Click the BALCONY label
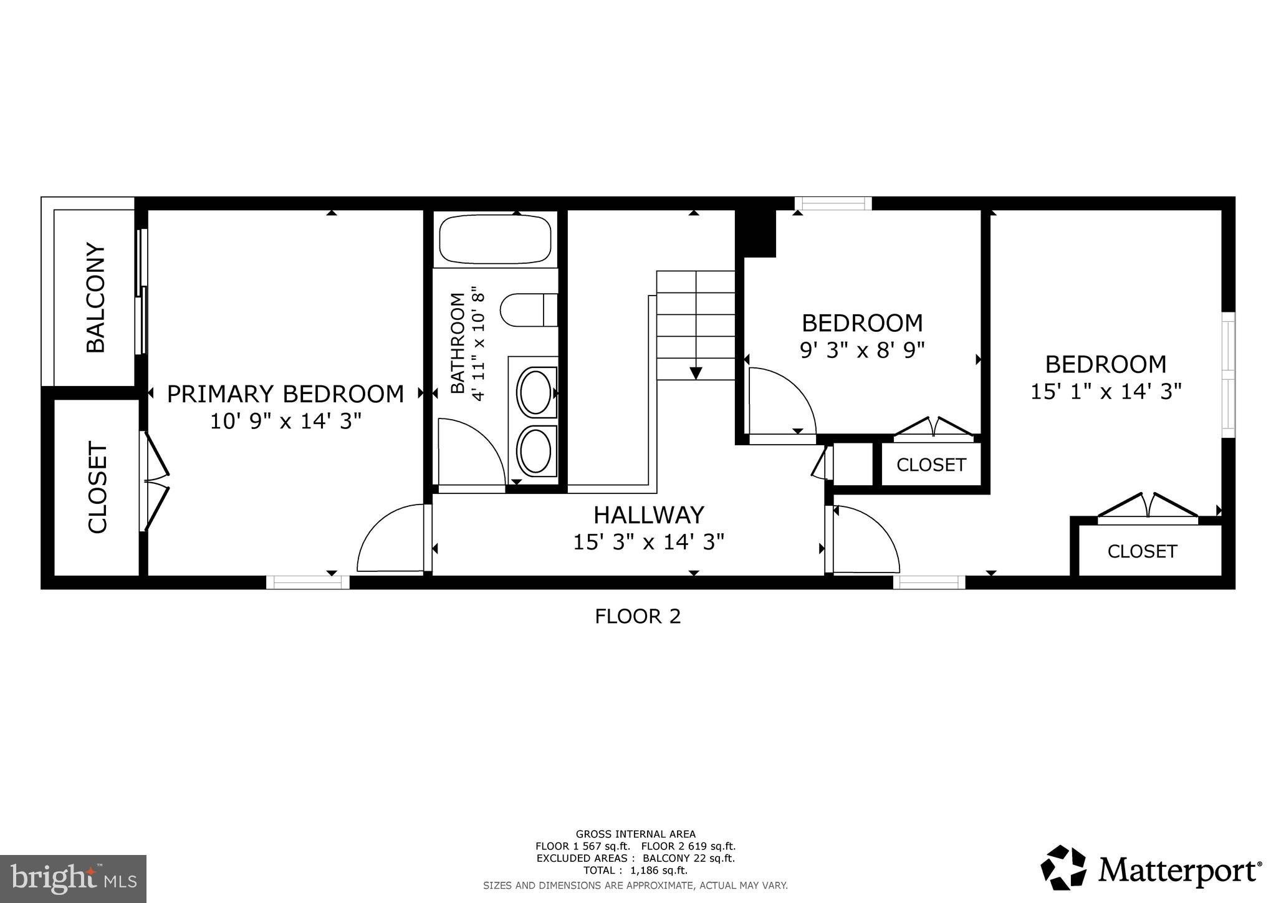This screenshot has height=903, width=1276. pos(95,298)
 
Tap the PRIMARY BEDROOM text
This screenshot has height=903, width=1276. pos(285,394)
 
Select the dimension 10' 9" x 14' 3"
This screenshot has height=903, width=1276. pos(285,422)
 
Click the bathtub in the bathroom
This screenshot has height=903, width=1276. pos(496,239)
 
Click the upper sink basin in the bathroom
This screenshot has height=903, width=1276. pos(535,392)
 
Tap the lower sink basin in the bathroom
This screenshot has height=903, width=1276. pos(535,450)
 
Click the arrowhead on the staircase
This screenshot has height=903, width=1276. pos(696,373)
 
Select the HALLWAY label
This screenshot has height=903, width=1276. pos(648,515)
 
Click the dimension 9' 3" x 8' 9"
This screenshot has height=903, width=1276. pos(861,350)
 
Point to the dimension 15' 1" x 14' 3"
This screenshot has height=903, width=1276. pos(1106,392)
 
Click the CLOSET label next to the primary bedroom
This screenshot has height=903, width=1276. pos(98,488)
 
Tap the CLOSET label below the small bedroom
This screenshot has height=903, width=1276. pos(931,465)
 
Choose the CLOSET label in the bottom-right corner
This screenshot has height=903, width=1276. pos(1142,551)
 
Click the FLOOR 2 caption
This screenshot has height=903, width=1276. pos(638,616)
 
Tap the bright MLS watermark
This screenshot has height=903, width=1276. pos(74,879)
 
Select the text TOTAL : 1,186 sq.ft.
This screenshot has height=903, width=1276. pos(635,871)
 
